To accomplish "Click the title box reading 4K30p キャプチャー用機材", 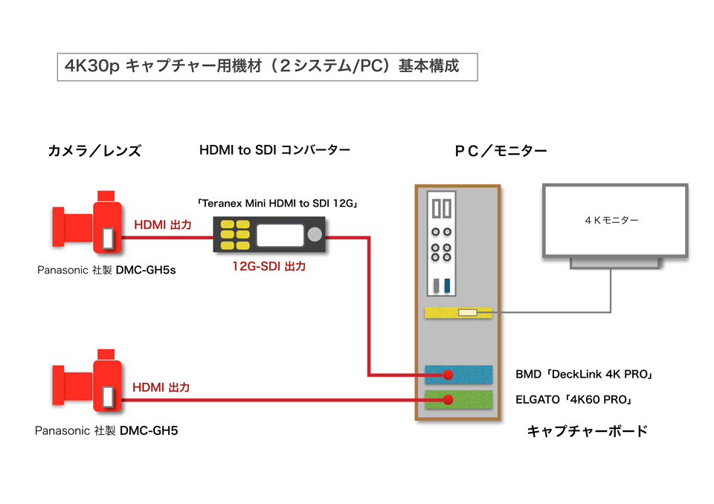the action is tap(267, 67).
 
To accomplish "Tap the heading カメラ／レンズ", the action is tap(94, 151).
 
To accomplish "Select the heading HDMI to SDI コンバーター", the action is tap(274, 150).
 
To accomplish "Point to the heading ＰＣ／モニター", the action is tap(501, 151).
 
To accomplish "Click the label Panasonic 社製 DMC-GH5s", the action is tap(106, 270).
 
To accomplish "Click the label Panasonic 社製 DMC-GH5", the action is tap(106, 430).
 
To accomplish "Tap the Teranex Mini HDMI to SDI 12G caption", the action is tap(277, 203).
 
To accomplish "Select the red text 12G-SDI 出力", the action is tap(269, 266).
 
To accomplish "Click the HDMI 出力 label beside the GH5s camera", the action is tap(163, 225).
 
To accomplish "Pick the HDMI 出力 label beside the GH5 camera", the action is tap(161, 387).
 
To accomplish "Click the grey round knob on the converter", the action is tap(315, 234).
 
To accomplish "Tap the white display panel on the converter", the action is tap(280, 236).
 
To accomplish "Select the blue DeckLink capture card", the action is tap(459, 375).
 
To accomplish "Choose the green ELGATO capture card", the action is tap(459, 400).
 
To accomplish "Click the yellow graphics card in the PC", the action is tap(458, 312).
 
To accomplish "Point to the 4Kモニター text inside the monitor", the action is tap(611, 220).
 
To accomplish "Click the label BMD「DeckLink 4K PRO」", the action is tap(585, 374).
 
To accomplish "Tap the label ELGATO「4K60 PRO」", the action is tap(574, 400).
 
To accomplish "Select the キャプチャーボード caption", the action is tap(588, 431).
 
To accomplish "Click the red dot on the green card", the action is tap(448, 400).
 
